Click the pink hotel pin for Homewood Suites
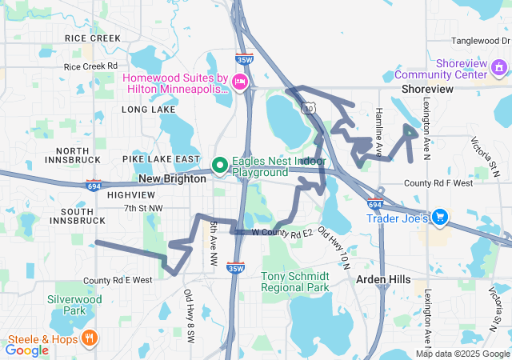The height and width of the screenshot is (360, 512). (x=238, y=82)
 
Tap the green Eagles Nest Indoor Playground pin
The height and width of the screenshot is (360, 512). (x=219, y=166)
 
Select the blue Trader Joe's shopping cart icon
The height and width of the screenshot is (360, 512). (x=438, y=216)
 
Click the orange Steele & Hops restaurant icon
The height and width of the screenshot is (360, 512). (x=88, y=339)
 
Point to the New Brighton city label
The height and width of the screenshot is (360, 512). (x=173, y=179)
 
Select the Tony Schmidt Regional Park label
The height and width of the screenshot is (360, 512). (x=295, y=281)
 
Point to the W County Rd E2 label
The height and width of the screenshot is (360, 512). (x=281, y=234)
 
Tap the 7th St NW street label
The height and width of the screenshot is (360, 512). (x=142, y=208)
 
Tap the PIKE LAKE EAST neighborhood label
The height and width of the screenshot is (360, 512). (x=161, y=159)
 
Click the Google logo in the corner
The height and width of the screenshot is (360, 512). (x=27, y=350)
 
